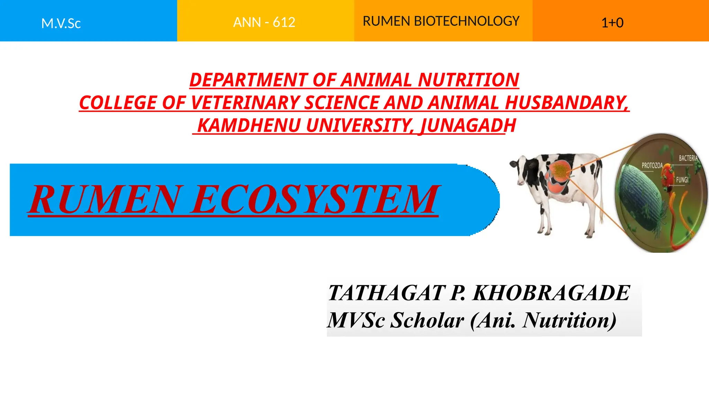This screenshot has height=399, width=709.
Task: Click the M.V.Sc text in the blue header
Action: [x=61, y=24]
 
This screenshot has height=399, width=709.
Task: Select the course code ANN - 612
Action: [x=264, y=23]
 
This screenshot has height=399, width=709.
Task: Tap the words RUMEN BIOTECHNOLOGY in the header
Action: [x=441, y=21]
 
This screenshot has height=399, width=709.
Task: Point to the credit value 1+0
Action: [x=612, y=23]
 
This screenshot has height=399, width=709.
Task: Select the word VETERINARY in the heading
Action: [x=245, y=103]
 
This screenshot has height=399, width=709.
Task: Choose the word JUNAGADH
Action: [x=467, y=125]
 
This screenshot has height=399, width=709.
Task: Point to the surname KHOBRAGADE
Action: [x=551, y=293]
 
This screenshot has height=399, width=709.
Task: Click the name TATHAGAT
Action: [x=386, y=293]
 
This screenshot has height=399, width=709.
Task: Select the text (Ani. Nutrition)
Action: [x=543, y=320]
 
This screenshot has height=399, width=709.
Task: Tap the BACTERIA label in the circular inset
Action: [x=688, y=158]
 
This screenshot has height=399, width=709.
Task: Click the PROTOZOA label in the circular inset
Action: [x=652, y=166]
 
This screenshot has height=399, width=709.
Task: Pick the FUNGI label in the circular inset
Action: [x=682, y=180]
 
